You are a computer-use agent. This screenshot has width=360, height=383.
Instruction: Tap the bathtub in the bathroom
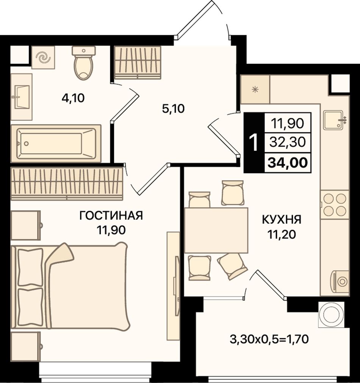(56, 144)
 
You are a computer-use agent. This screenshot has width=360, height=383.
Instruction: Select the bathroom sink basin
(22, 97)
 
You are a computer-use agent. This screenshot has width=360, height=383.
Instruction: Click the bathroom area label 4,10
(73, 98)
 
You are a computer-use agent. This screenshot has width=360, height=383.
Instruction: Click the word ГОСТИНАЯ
(111, 216)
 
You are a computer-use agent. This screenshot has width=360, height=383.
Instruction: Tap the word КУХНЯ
(282, 220)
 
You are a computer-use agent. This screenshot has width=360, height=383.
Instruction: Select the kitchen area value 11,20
(282, 234)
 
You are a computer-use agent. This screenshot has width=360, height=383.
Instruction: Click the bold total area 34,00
(288, 163)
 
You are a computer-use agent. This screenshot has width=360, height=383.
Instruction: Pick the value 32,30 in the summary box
(288, 142)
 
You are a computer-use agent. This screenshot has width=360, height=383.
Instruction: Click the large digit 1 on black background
(254, 143)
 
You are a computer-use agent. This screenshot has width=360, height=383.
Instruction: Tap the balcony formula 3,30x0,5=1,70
(269, 339)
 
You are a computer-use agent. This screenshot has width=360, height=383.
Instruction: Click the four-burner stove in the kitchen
(335, 205)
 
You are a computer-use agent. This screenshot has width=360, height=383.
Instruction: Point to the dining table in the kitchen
(216, 230)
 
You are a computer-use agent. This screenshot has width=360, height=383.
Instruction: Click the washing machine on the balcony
(331, 314)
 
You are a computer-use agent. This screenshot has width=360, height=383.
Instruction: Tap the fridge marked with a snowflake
(255, 89)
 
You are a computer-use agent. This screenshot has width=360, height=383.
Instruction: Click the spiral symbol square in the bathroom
(43, 58)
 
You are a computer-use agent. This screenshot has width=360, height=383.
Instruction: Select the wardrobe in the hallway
(138, 63)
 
